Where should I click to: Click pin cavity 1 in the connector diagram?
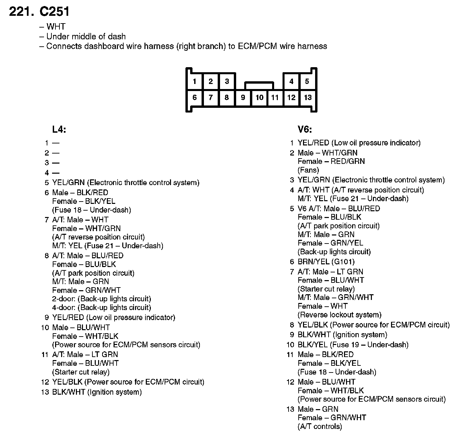tap(195, 81)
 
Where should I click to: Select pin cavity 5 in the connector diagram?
tap(307, 81)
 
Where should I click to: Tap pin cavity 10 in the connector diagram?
tap(259, 98)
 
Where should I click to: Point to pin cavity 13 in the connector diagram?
tap(308, 98)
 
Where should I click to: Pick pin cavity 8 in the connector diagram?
tap(227, 98)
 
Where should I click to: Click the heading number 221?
tap(21, 12)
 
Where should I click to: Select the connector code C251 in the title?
tap(54, 12)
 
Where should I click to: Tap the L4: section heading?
tap(59, 130)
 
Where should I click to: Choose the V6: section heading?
tap(305, 130)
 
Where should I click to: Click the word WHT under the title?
tap(56, 27)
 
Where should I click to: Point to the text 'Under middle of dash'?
tap(86, 36)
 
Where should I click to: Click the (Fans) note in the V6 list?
tap(308, 170)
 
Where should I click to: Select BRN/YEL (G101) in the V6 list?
tap(326, 262)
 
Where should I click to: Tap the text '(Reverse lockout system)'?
tap(340, 315)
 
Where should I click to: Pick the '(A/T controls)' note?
tap(320, 427)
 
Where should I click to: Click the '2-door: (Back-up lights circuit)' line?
tap(102, 299)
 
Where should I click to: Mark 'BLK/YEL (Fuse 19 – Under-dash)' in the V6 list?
tap(353, 345)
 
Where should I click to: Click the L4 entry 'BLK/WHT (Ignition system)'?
tap(97, 392)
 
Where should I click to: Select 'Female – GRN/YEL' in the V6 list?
tap(331, 243)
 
